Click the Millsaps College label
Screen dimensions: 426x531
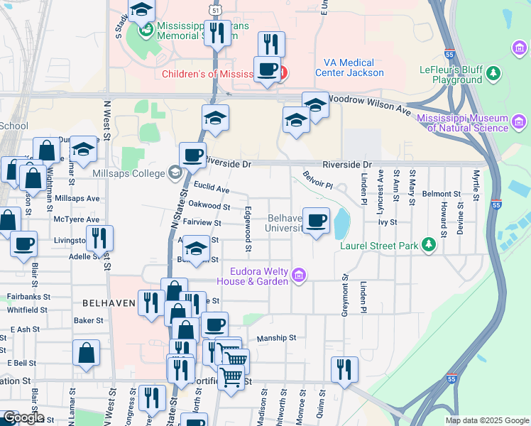[128, 173]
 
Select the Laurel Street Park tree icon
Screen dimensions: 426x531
[427, 245]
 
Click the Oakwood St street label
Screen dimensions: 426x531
[209, 206]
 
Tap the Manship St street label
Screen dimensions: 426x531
[275, 339]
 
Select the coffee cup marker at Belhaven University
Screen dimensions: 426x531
[316, 220]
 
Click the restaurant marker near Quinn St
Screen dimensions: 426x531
[344, 369]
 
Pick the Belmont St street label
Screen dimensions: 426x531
[441, 194]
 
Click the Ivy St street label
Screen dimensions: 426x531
[386, 222]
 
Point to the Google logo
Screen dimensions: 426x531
[23, 417]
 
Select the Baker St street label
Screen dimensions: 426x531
[89, 320]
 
